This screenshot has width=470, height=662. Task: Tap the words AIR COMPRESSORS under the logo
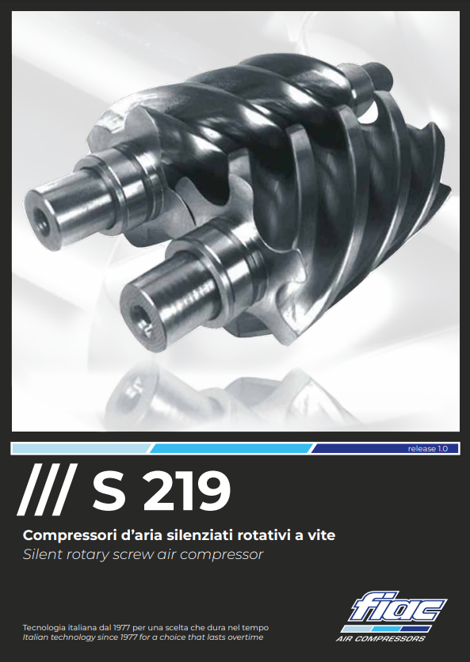(380, 638)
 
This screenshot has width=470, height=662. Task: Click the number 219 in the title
(186, 491)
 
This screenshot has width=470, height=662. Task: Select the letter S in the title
(109, 491)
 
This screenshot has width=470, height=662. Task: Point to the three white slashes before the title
(48, 489)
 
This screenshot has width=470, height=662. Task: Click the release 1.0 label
(427, 449)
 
